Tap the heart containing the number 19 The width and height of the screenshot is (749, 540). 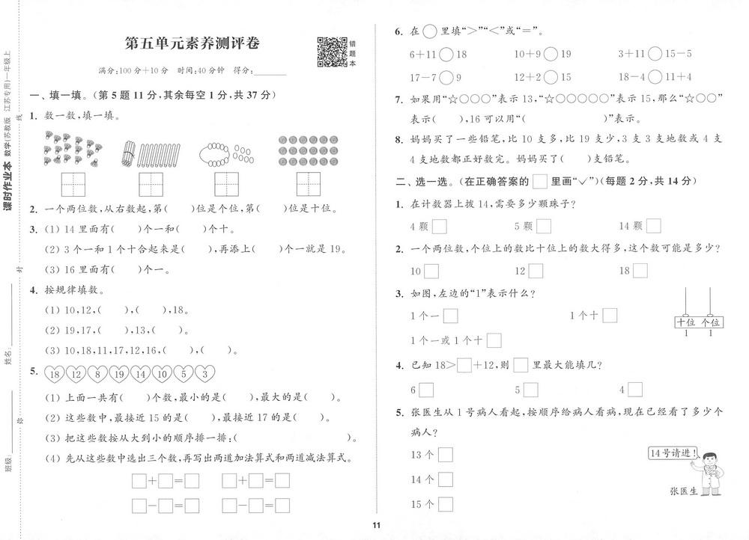coord(118,374)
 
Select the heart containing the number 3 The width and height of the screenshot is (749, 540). coord(205,374)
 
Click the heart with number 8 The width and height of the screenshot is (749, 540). coord(97,374)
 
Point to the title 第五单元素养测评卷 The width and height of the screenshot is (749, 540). coord(192,43)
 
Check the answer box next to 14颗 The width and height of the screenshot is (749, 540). coord(653,225)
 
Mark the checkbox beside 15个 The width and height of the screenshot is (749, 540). coord(446,504)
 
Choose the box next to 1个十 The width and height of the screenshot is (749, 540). coord(609,316)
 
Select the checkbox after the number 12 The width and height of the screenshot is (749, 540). coord(536,271)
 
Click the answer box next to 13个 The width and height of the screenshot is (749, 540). coord(446,454)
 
